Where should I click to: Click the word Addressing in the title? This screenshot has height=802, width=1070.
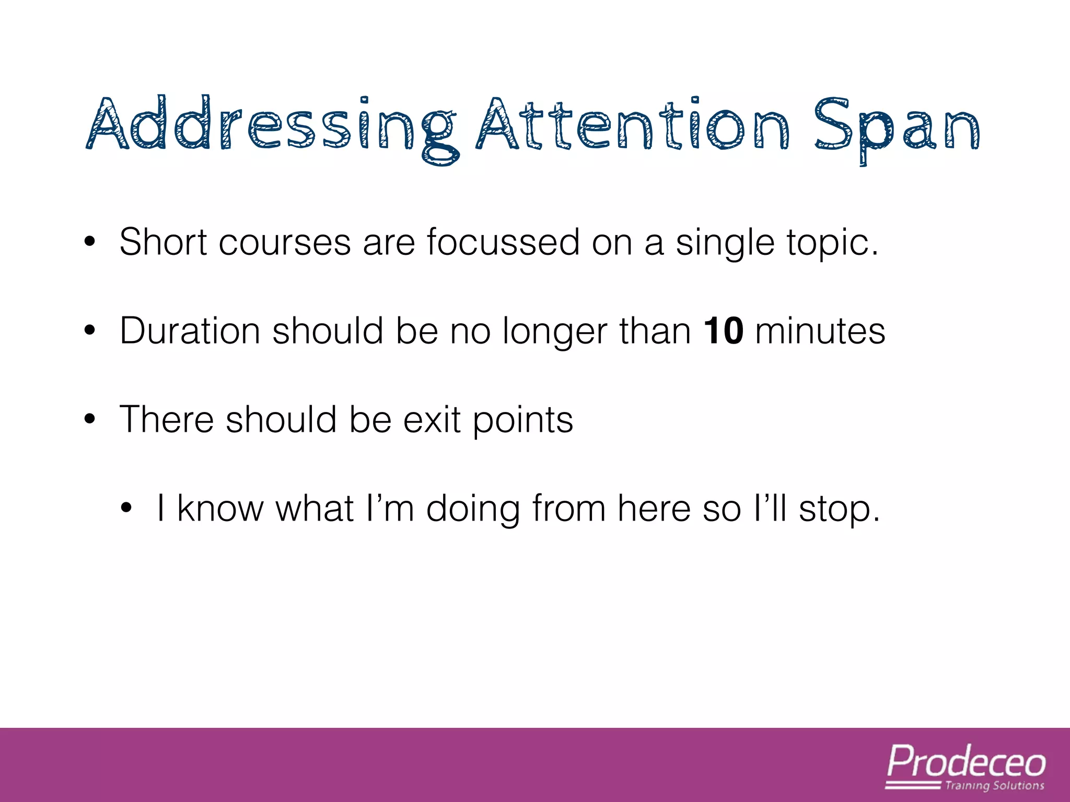272,125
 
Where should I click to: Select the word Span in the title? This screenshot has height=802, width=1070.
897,128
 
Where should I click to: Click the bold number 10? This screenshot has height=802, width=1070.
723,331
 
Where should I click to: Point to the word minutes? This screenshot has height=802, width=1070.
820,331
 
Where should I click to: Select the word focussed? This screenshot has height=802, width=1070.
503,242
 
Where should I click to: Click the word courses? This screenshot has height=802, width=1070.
285,243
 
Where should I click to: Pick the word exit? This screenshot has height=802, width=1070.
432,420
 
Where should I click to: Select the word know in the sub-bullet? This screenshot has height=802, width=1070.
220,509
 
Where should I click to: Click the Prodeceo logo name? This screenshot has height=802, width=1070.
967,762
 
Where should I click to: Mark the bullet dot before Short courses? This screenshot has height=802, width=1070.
90,242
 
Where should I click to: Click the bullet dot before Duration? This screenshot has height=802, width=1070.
90,331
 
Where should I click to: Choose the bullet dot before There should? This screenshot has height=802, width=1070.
90,419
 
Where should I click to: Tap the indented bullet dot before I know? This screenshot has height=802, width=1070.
126,508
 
